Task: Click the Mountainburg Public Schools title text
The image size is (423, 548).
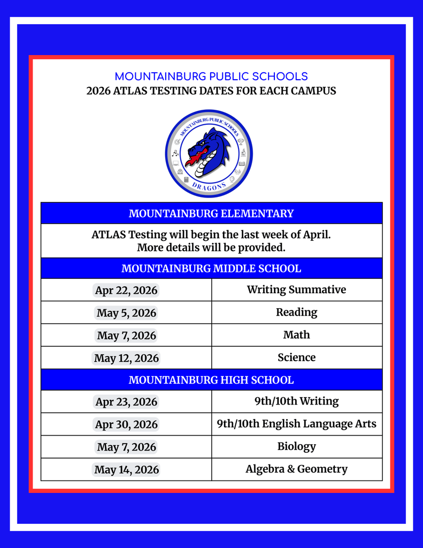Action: [211, 77]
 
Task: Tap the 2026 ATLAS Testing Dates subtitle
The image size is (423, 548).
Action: [211, 91]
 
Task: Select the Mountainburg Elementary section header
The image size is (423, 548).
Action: [211, 214]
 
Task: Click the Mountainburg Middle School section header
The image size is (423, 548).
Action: [211, 269]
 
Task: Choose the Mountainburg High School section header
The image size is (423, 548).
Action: [211, 380]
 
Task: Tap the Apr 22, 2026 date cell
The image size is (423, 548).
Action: [126, 290]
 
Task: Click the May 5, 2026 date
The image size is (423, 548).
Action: [126, 313]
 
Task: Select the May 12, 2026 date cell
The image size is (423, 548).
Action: [126, 358]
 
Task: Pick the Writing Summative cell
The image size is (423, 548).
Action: [296, 290]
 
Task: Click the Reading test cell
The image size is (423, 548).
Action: [296, 312]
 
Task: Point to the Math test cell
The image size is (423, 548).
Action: [296, 335]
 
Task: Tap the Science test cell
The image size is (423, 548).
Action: [296, 357]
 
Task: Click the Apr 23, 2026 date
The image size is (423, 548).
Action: [126, 402]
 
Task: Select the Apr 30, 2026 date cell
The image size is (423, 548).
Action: [126, 424]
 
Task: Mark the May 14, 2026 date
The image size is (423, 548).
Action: [126, 470]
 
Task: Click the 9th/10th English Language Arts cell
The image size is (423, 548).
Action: [296, 424]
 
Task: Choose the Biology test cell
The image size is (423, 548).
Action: [296, 446]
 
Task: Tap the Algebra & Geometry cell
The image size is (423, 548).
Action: [296, 469]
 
